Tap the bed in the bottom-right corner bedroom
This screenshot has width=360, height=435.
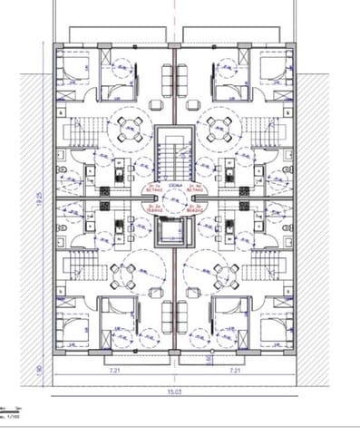pyautogui.click(x=277, y=328)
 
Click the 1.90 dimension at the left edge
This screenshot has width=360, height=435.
pyautogui.click(x=41, y=370)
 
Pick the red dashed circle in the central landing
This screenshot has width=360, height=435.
pyautogui.click(x=173, y=198)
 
